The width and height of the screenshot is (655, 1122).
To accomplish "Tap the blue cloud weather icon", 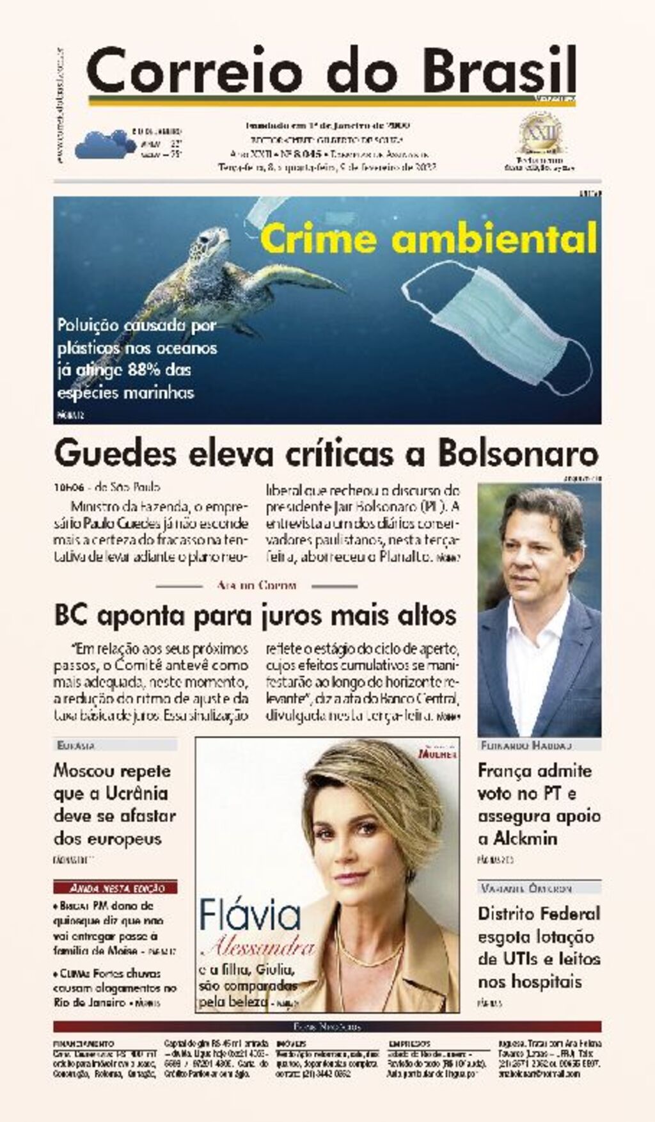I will [101, 145].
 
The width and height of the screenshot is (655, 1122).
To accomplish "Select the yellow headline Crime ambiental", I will [429, 239].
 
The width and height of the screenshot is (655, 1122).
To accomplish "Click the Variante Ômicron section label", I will [526, 888].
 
